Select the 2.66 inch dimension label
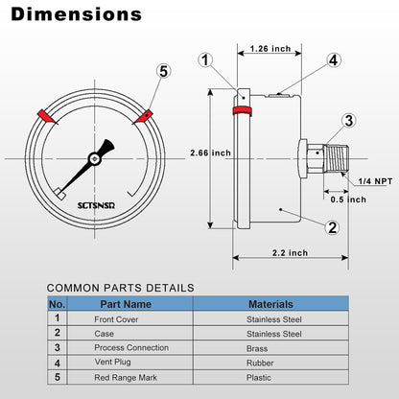point(209,153)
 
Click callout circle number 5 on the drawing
point(163,72)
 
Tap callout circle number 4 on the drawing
point(333,59)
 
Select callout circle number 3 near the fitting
point(348,120)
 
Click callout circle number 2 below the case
point(332,227)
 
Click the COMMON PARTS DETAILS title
point(121,287)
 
